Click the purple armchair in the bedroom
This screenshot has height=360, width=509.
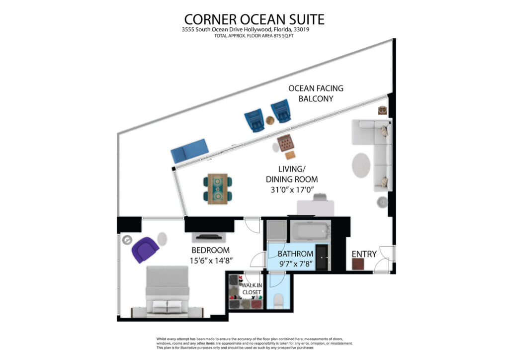coord(145,249)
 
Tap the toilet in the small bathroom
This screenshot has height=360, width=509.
coord(279,301)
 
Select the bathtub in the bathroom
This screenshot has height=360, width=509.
coord(310,231)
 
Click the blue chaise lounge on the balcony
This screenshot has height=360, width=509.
coord(189,151)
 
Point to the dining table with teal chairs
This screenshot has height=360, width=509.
coord(218,189)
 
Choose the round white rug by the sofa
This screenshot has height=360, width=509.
coord(361,165)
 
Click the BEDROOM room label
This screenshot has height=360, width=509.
coord(210,250)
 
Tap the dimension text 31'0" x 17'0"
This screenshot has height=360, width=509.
coord(292,189)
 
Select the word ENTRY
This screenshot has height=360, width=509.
coord(364,254)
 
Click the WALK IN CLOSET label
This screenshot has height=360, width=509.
coord(252,288)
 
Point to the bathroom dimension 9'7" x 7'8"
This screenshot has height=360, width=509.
coord(296,264)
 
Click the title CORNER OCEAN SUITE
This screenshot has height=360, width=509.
coord(254,19)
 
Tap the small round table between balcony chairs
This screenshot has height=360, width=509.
coord(270,120)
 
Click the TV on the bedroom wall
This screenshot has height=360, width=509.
coord(209,237)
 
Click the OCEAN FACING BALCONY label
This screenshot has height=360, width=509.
coord(316,93)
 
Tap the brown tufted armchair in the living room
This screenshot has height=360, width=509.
coord(285,143)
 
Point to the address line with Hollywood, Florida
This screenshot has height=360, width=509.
coord(246,29)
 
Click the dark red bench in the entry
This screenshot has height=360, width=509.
coord(358,264)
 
